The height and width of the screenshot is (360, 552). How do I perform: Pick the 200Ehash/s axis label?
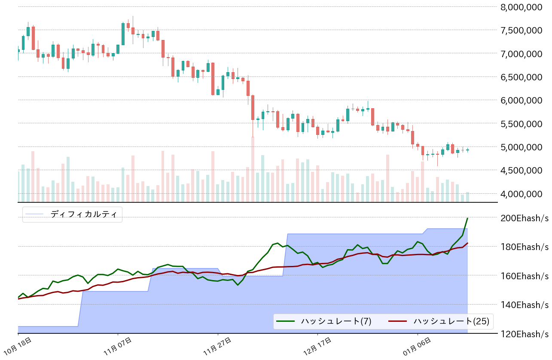pyautogui.click(x=525, y=218)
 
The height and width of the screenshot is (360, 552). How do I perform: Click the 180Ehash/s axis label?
pyautogui.click(x=525, y=247)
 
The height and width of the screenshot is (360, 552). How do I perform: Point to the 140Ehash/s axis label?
pyautogui.click(x=525, y=305)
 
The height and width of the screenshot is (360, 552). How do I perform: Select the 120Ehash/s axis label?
pyautogui.click(x=525, y=333)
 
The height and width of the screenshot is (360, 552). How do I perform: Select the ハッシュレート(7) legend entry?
pyautogui.click(x=330, y=321)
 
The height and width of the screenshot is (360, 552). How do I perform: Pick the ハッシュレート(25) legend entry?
pyautogui.click(x=451, y=321)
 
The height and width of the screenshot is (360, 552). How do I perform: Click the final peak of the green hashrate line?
pyautogui.click(x=467, y=218)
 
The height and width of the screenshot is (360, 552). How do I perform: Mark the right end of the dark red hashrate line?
pyautogui.click(x=467, y=243)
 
